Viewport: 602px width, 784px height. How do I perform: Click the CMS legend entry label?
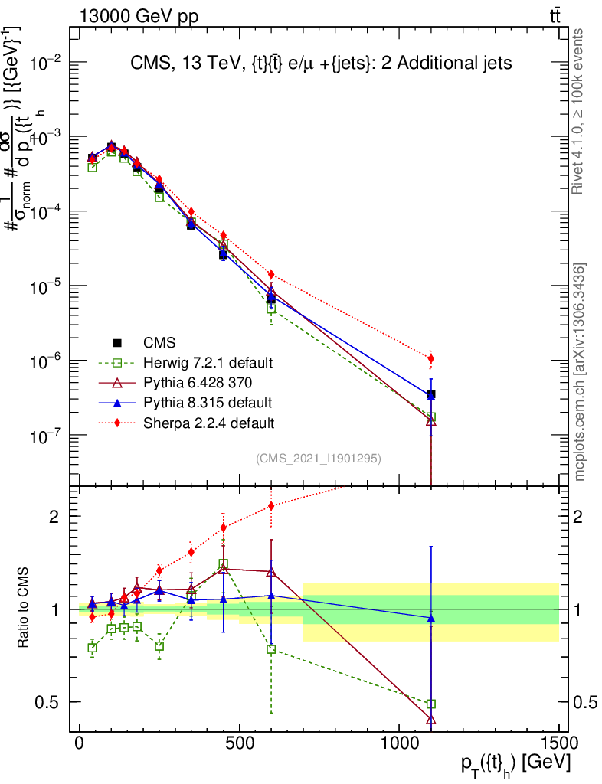(x=164, y=343)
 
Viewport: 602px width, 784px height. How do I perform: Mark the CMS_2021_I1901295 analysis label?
(x=319, y=459)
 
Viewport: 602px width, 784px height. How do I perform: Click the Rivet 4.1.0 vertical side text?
(x=579, y=111)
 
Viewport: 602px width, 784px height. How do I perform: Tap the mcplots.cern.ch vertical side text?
(x=580, y=372)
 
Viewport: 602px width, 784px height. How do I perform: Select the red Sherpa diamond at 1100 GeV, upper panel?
(x=431, y=358)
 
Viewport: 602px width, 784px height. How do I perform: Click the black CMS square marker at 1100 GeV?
(x=431, y=394)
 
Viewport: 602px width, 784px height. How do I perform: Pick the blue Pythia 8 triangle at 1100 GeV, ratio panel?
(x=431, y=617)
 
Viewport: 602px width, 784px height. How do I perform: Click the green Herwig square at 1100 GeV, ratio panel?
(x=431, y=704)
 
